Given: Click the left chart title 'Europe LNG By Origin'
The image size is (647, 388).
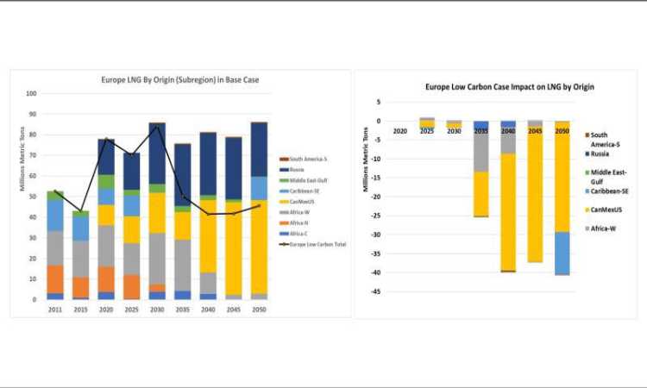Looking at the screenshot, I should [x=180, y=79].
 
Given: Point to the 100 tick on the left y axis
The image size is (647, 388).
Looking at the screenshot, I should [x=31, y=93].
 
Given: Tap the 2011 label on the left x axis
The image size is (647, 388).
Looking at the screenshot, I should [x=55, y=308].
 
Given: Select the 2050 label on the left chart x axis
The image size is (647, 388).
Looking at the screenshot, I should [x=260, y=308].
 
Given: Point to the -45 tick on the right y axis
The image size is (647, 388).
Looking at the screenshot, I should [x=378, y=291].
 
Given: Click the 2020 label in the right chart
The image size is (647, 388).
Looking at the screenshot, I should [x=399, y=131].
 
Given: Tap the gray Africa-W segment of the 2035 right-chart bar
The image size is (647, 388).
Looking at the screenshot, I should [x=481, y=151].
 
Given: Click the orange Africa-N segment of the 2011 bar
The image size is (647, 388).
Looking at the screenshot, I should [x=55, y=279].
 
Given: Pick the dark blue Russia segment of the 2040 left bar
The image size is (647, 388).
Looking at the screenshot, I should [x=208, y=164].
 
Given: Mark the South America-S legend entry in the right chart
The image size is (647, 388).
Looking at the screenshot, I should [x=610, y=139].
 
